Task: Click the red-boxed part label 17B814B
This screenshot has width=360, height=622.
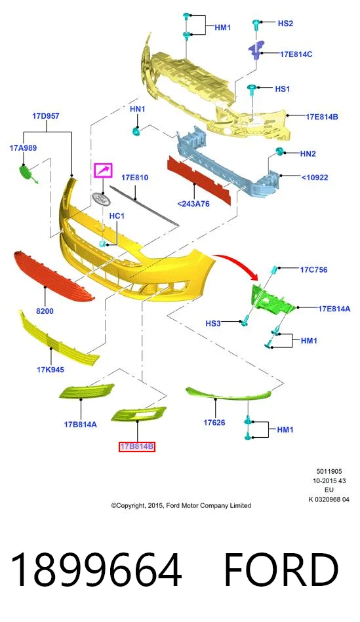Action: (137, 447)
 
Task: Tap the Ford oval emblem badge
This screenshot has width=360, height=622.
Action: (101, 199)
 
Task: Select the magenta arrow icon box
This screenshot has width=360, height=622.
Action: (103, 170)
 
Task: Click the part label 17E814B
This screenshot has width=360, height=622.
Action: (322, 117)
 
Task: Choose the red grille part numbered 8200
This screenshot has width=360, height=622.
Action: (54, 276)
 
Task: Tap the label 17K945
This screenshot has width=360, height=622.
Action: (50, 370)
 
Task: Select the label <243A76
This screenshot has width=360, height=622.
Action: (193, 204)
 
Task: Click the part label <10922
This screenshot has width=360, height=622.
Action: (315, 177)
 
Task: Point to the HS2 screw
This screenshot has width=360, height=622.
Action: (256, 26)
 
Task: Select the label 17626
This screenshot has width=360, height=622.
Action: (214, 423)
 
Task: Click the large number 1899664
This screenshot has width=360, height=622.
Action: (96, 570)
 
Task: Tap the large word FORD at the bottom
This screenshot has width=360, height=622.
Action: (282, 570)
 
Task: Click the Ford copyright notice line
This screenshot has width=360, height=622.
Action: (181, 505)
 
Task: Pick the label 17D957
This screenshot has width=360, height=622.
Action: (46, 116)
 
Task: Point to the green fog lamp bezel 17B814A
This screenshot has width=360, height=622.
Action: (87, 391)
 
